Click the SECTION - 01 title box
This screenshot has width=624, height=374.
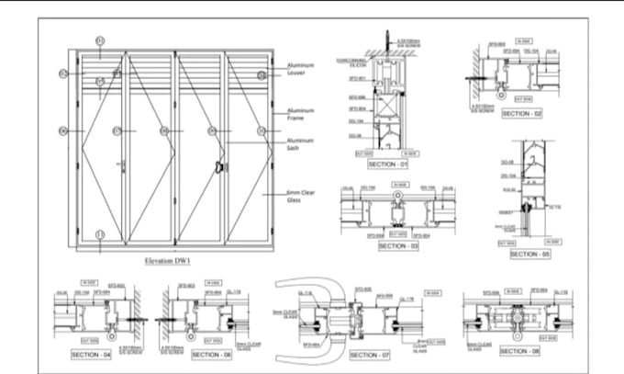pyautogui.click(x=386, y=164)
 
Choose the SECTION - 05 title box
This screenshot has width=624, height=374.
pyautogui.click(x=529, y=254)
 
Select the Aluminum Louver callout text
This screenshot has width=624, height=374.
pyautogui.click(x=301, y=70)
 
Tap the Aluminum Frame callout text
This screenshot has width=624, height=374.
pyautogui.click(x=301, y=114)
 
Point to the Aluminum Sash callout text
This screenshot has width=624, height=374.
pyautogui.click(x=301, y=144)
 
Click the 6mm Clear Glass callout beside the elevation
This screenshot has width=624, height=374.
pyautogui.click(x=301, y=196)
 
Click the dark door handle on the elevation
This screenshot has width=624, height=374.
pyautogui.click(x=219, y=166)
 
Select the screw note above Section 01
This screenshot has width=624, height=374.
pyautogui.click(x=407, y=42)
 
